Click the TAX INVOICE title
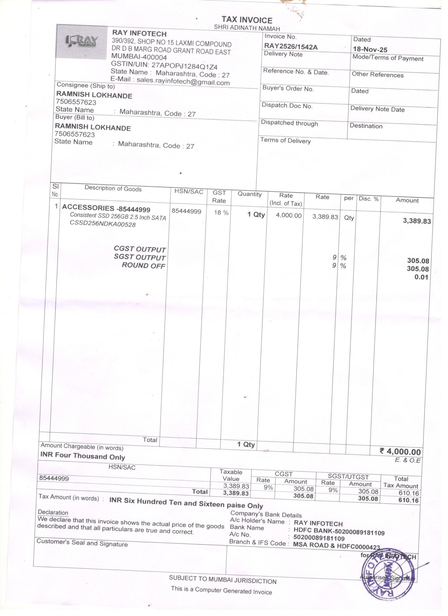click(247, 20)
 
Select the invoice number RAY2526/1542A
click(291, 47)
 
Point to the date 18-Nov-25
click(370, 50)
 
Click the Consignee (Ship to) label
click(86, 86)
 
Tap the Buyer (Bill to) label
click(75, 118)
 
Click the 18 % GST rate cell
click(221, 213)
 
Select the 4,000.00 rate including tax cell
click(289, 216)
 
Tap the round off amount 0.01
click(421, 277)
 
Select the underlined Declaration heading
click(53, 512)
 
